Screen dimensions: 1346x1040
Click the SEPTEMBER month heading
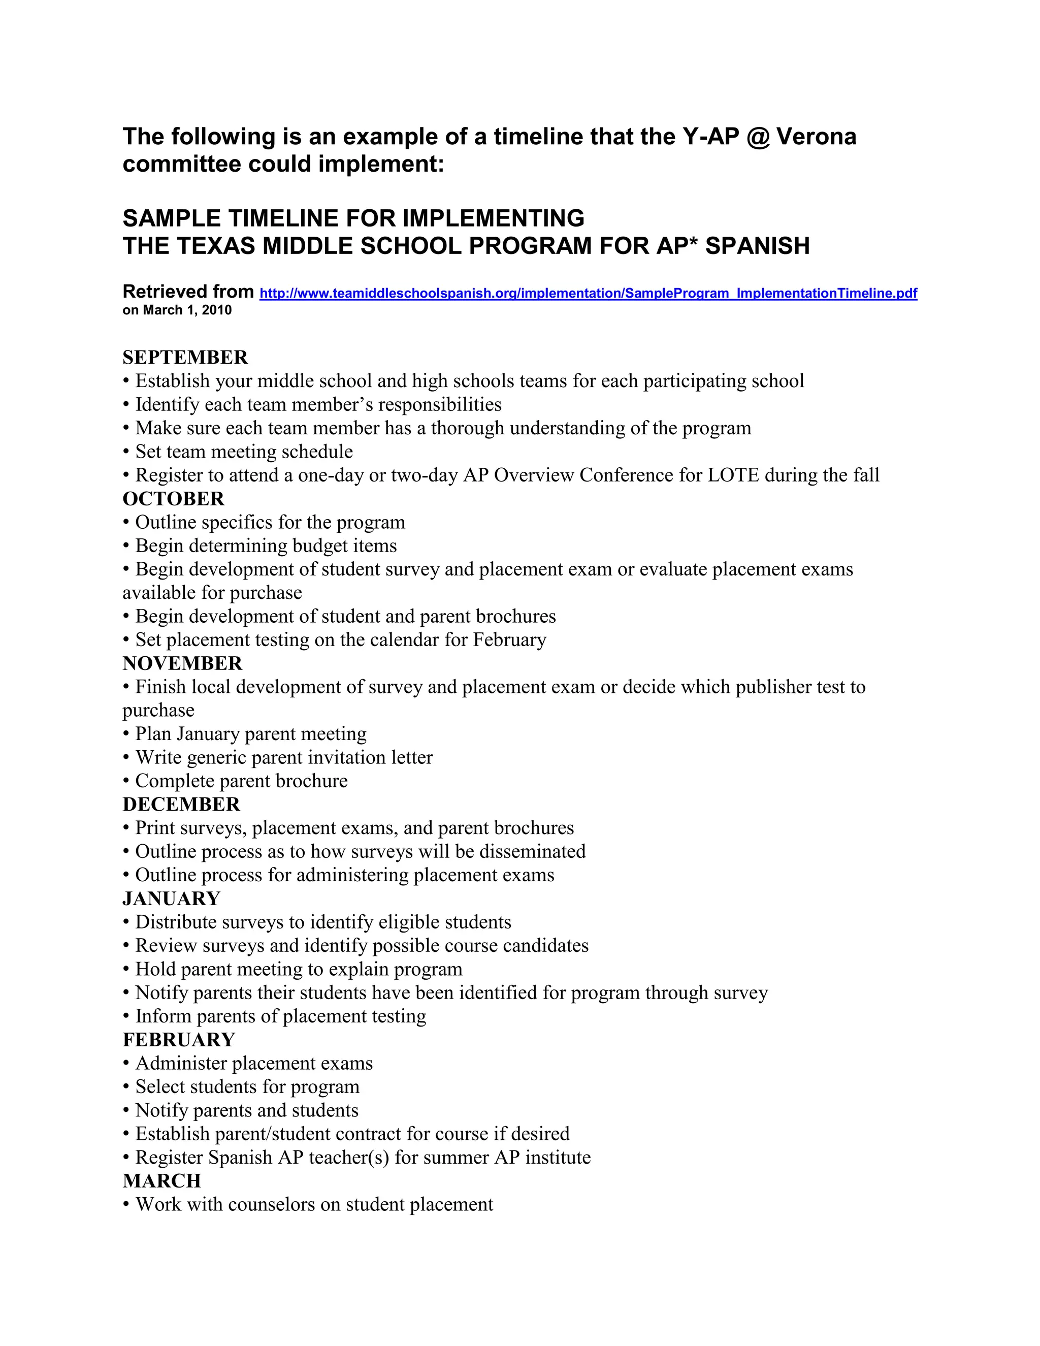click(185, 358)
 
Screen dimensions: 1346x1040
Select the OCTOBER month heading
click(173, 499)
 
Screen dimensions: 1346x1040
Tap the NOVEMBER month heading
click(182, 663)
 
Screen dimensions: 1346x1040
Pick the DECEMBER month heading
click(181, 804)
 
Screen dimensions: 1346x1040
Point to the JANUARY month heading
click(171, 899)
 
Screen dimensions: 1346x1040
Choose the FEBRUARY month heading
click(179, 1040)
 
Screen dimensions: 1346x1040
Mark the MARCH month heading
click(161, 1181)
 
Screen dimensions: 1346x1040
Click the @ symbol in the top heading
click(757, 137)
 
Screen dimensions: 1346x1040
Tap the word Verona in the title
click(817, 137)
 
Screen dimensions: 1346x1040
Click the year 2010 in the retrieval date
click(217, 310)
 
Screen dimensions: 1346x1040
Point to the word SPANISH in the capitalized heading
click(757, 246)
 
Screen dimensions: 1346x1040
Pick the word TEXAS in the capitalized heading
click(216, 246)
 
